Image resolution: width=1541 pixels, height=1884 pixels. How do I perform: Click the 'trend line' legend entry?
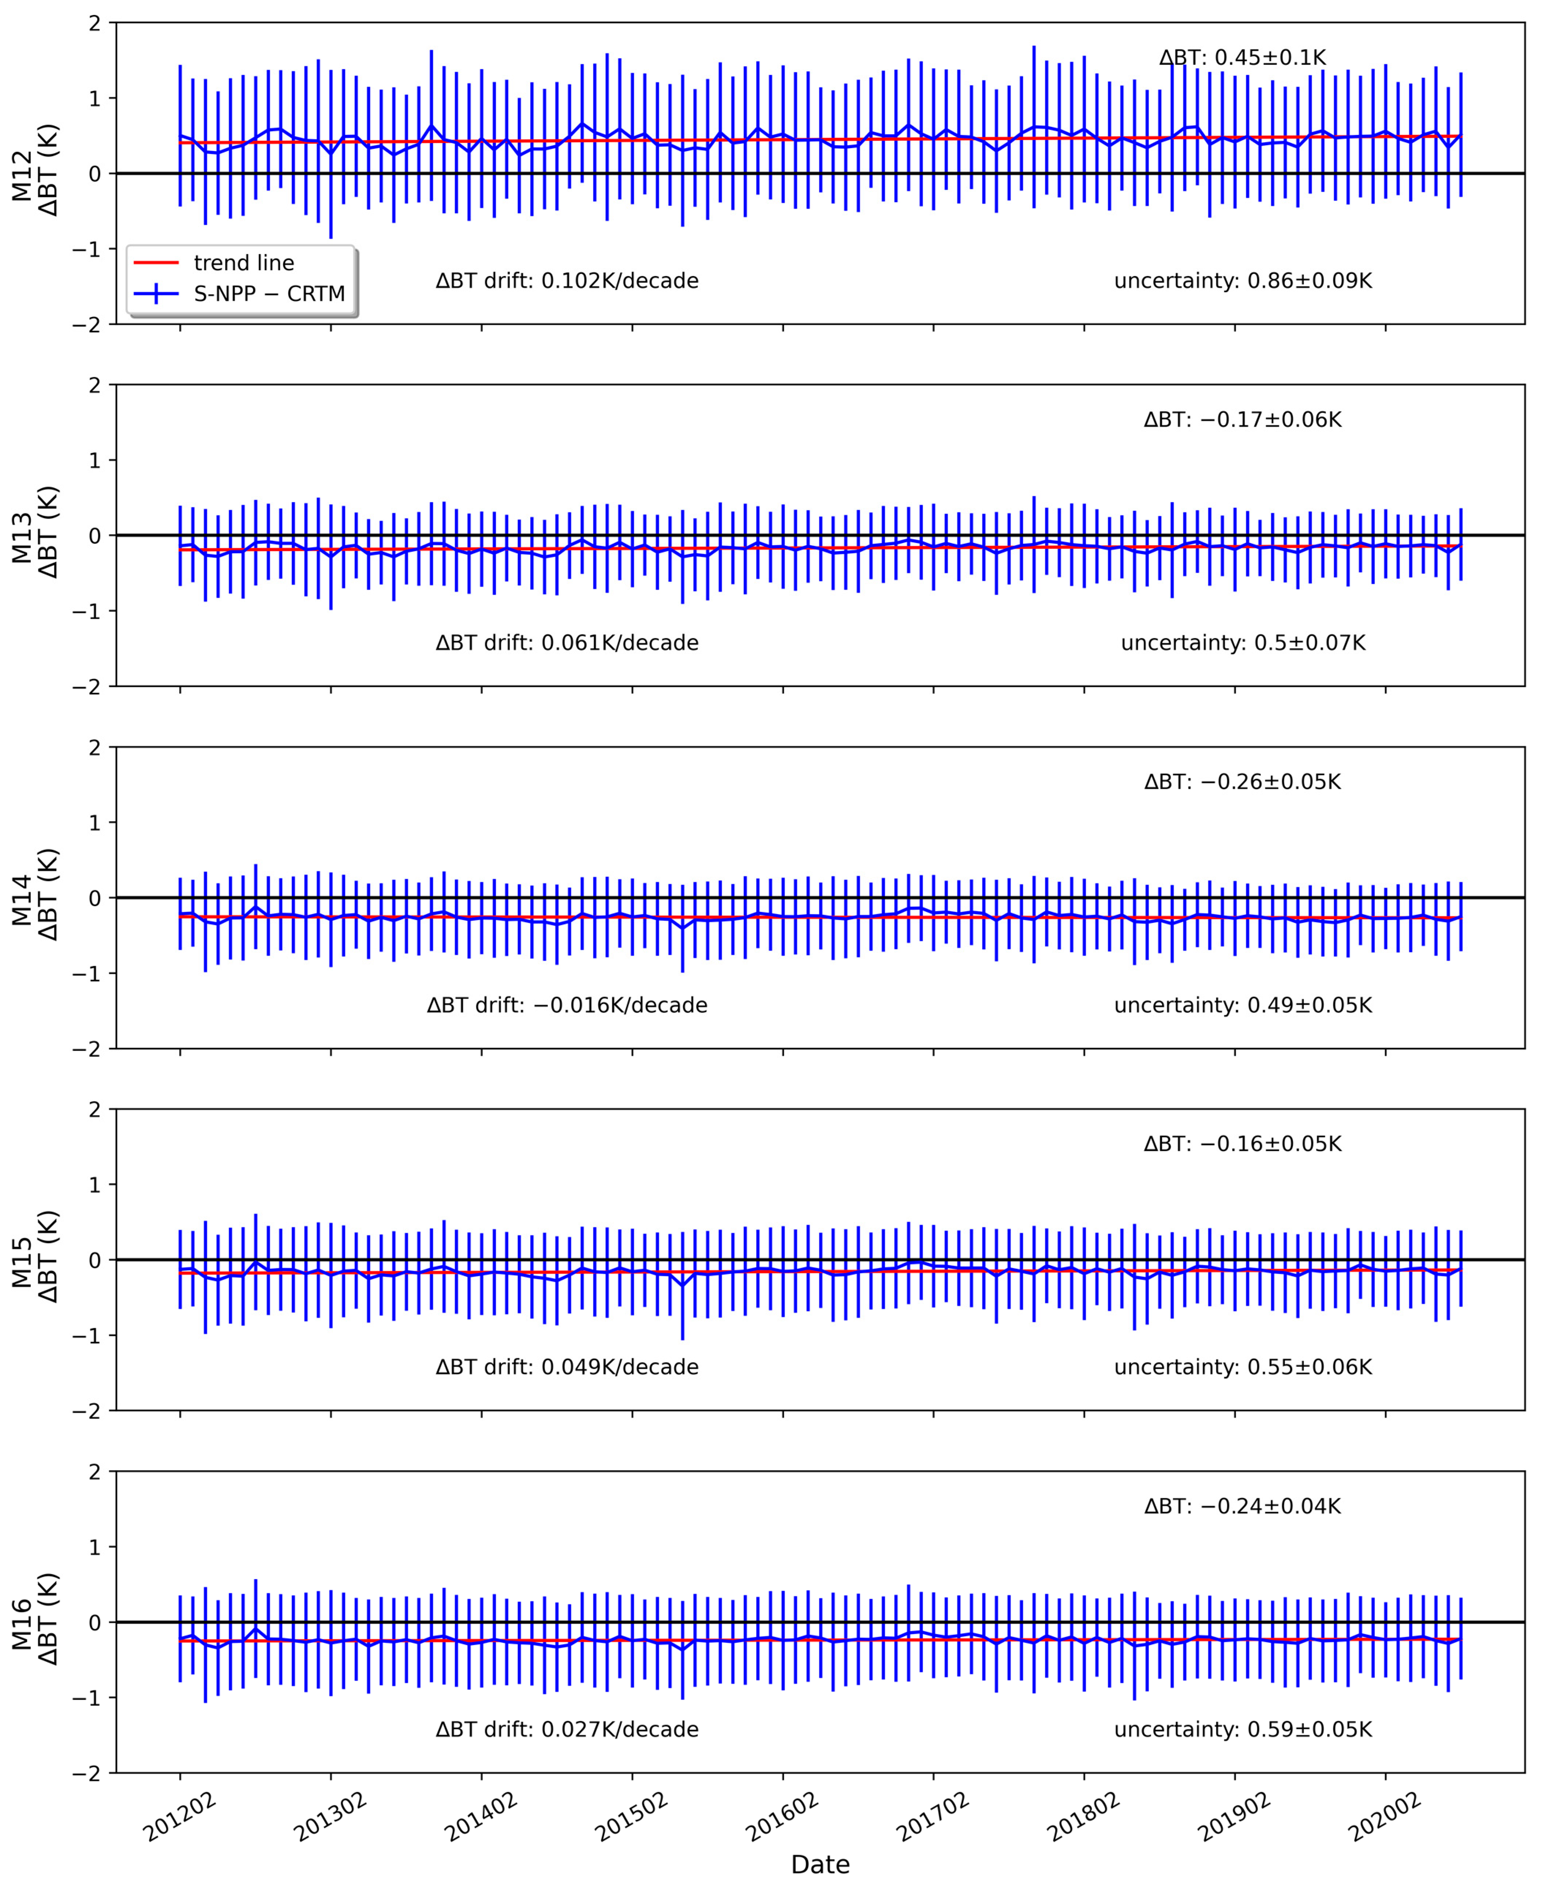pyautogui.click(x=243, y=263)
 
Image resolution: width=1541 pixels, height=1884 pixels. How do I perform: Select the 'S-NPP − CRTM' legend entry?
pyautogui.click(x=269, y=294)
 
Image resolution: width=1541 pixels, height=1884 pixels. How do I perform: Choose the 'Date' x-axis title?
pyautogui.click(x=820, y=1865)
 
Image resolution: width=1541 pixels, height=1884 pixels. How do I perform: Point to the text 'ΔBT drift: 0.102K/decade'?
pyautogui.click(x=567, y=282)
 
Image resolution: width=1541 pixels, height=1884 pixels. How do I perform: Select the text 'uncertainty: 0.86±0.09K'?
pyautogui.click(x=1243, y=282)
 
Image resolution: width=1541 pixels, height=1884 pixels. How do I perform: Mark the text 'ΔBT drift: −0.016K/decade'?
pyautogui.click(x=567, y=1006)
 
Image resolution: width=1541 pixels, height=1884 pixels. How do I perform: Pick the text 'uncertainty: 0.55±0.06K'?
pyautogui.click(x=1243, y=1367)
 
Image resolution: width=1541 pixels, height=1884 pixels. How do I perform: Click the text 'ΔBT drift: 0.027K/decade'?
pyautogui.click(x=567, y=1729)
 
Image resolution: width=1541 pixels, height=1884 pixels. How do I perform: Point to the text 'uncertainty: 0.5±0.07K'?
pyautogui.click(x=1243, y=644)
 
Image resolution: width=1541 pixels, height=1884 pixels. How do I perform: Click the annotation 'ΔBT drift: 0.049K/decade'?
pyautogui.click(x=567, y=1367)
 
